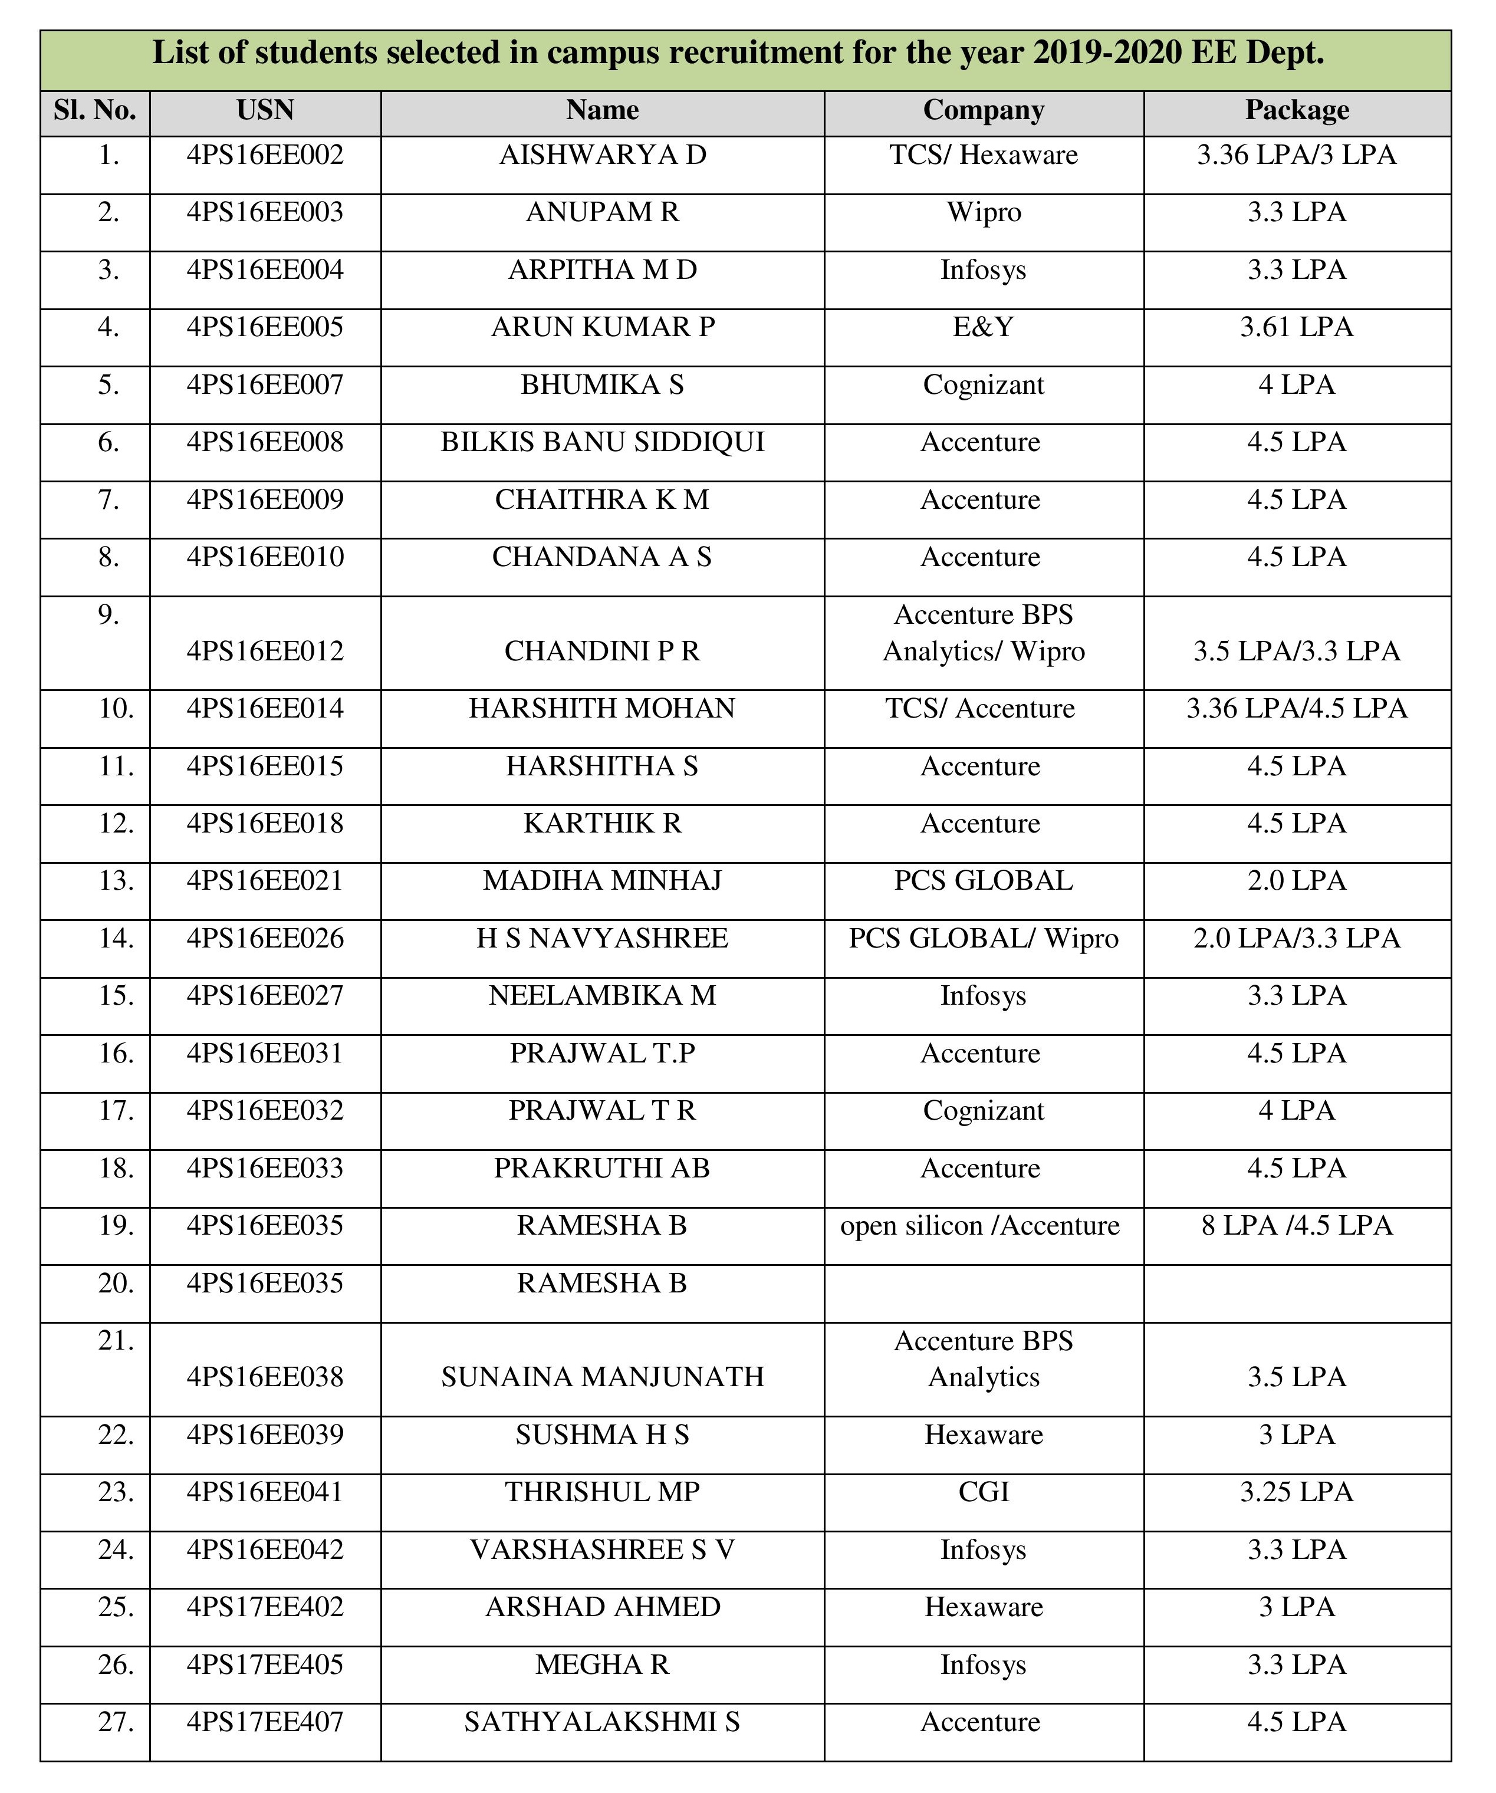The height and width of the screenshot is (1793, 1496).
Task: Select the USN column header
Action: click(x=265, y=111)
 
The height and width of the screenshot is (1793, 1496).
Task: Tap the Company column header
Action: click(x=983, y=111)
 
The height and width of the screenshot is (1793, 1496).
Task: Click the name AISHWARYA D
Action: click(x=602, y=156)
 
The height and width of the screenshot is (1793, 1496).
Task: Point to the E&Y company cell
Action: click(x=983, y=328)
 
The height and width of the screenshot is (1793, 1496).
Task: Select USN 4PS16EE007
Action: click(x=265, y=385)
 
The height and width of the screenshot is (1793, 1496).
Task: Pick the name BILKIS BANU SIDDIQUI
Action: click(x=602, y=442)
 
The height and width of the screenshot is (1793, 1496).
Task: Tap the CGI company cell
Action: click(x=983, y=1492)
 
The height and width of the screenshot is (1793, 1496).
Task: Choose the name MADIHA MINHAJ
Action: click(x=602, y=881)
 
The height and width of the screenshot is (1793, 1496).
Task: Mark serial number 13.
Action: click(x=116, y=881)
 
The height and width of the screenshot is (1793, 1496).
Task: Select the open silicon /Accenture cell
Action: click(x=979, y=1226)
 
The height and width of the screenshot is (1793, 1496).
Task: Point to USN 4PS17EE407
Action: click(x=265, y=1723)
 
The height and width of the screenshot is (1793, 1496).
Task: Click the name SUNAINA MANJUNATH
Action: click(x=602, y=1377)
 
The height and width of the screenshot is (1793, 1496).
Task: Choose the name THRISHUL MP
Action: click(x=602, y=1492)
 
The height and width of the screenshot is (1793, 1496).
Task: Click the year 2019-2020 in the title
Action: click(x=1107, y=53)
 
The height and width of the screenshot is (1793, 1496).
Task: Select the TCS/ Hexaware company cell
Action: click(x=983, y=156)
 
